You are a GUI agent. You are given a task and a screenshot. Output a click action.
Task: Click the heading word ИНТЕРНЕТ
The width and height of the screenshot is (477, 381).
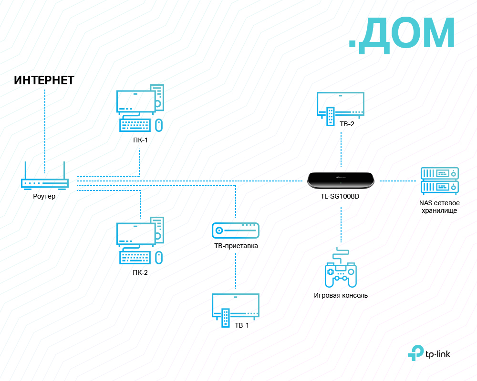coord(44,80)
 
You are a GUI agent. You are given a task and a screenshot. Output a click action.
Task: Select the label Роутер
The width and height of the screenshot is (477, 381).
coord(44,196)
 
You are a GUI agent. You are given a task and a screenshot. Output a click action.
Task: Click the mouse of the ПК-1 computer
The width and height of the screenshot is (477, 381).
coord(159,125)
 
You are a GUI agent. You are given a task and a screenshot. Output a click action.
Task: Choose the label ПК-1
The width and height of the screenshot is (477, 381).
coord(140,140)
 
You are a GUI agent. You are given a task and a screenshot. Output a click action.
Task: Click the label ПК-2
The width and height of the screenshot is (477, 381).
coord(140,273)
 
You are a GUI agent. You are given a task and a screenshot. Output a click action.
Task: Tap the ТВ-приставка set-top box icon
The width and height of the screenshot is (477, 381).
coord(236,231)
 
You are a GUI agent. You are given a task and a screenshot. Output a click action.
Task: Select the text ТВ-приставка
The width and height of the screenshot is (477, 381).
coord(236,246)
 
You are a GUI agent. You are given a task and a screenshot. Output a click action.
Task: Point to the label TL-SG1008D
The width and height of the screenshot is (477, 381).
coord(340,196)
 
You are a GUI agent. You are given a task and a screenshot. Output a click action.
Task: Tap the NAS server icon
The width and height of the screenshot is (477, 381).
coord(439,180)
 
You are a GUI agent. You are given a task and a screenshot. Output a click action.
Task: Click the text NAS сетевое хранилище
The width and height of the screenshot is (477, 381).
coord(439,207)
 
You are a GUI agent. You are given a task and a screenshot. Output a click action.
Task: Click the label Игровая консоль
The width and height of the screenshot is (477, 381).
coord(341,295)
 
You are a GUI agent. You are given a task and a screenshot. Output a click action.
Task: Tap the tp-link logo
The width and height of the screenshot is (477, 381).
coord(429,353)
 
